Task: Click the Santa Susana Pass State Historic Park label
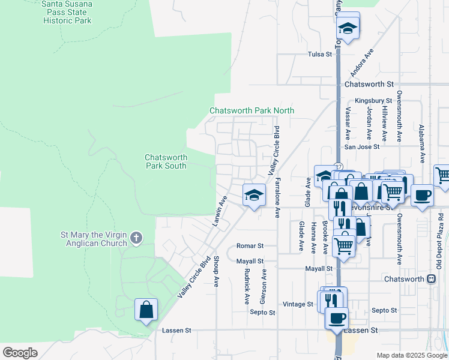click(67, 12)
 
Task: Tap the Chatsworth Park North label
click(252, 110)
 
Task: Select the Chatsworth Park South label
click(166, 161)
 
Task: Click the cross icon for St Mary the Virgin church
click(136, 238)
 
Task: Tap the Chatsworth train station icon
click(431, 279)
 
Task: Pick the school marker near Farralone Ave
click(254, 195)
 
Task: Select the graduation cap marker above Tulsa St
click(348, 27)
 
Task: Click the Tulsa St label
click(319, 55)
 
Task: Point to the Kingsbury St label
click(373, 101)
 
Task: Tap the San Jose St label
click(361, 146)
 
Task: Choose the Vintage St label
click(298, 304)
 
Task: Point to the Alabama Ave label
click(422, 144)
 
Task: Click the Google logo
click(20, 353)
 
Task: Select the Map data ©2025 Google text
click(411, 355)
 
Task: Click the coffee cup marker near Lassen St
click(337, 317)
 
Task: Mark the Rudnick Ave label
click(247, 286)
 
